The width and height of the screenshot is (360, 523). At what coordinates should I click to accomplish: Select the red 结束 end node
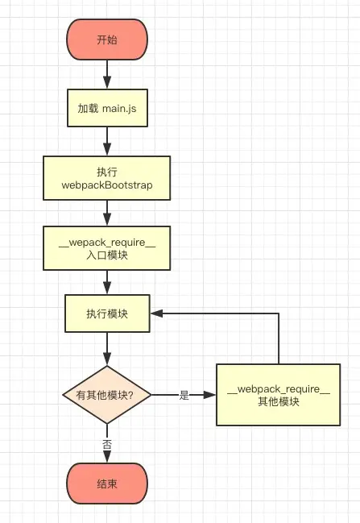[x=107, y=484]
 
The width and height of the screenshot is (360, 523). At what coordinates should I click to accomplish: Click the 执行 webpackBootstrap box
[x=107, y=178]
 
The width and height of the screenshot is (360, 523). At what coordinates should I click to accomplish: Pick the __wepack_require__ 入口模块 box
[x=107, y=248]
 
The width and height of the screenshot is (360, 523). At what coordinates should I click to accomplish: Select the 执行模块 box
[x=107, y=313]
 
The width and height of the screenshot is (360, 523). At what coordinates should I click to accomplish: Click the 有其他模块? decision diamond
[x=107, y=395]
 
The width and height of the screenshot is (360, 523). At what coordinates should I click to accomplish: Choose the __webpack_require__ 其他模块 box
[x=279, y=395]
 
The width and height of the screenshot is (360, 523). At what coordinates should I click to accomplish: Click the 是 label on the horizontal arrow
[x=184, y=395]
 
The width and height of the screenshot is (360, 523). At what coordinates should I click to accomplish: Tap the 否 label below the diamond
[x=107, y=444]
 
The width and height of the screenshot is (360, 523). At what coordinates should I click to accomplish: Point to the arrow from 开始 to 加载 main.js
[x=107, y=74]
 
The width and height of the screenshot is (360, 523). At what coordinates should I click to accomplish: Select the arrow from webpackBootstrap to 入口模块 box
[x=107, y=213]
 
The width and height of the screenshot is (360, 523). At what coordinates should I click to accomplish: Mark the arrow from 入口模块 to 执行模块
[x=107, y=281]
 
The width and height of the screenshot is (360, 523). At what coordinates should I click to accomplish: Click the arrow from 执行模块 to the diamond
[x=107, y=348]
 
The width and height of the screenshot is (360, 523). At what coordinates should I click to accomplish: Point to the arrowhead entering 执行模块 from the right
[x=158, y=313]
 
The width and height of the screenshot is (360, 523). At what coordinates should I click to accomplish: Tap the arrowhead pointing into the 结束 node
[x=107, y=459]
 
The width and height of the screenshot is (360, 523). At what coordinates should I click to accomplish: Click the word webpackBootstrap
[x=107, y=185]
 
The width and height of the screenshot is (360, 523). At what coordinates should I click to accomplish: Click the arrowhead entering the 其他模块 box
[x=210, y=395]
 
